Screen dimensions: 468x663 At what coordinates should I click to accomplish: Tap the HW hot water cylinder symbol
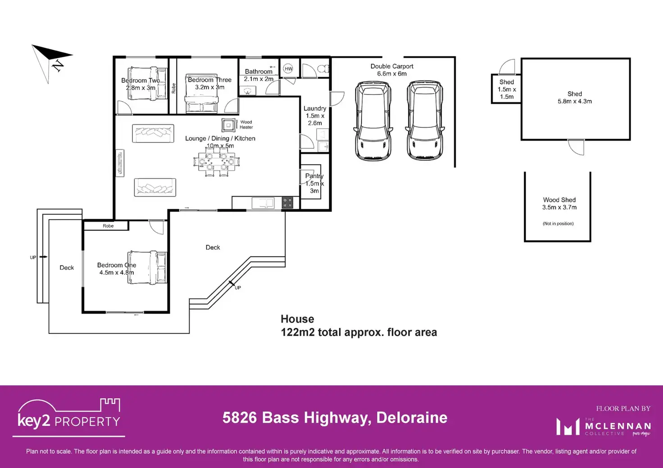point(288,69)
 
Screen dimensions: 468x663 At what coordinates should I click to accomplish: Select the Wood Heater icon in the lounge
point(229,125)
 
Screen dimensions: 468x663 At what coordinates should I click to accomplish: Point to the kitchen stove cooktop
point(287,203)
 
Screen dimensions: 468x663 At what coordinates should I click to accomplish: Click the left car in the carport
point(373,121)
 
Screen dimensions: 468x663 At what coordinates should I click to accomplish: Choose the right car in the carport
point(425,121)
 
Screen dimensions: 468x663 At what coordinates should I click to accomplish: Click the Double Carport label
point(392,66)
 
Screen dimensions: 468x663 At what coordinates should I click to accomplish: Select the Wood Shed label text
point(559,200)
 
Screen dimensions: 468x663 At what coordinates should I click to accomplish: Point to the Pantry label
point(314,176)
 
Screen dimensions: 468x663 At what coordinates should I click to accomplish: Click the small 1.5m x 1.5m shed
point(506,89)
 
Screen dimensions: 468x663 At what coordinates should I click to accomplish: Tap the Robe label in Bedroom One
point(108,226)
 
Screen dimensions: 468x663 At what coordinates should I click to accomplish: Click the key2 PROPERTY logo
point(69,416)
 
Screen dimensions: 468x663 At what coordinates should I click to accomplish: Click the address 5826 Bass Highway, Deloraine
point(335,418)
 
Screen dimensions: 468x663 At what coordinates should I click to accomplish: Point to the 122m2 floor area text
point(359,333)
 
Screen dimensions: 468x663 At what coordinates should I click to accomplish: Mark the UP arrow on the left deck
point(43,257)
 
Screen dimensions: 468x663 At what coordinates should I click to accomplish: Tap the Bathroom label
point(259,72)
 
